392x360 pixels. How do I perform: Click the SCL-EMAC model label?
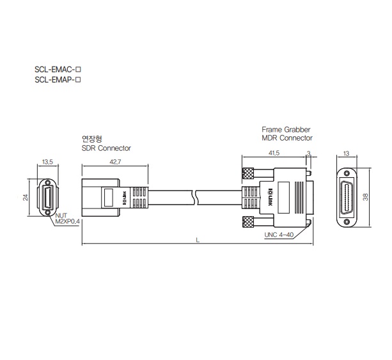point(58,69)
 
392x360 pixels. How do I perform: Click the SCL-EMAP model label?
point(58,80)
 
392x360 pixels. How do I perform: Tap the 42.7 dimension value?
point(115,162)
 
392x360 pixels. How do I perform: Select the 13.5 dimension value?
point(47,162)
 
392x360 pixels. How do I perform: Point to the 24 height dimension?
point(26,197)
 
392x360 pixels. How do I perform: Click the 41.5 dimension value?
point(274,153)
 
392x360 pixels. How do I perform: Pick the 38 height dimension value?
point(366,197)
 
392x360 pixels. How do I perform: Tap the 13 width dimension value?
point(346,153)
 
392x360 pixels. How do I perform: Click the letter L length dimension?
point(198,240)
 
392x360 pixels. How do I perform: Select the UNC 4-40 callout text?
point(279,235)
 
